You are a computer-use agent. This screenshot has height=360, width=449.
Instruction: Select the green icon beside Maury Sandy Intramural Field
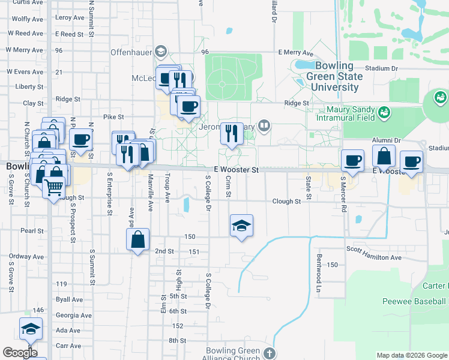(x=384, y=111)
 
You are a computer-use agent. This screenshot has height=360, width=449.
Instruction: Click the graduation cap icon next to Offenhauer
(x=160, y=52)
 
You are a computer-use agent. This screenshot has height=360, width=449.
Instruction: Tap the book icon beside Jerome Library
(x=264, y=125)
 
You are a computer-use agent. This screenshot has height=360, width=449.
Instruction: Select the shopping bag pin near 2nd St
(x=138, y=239)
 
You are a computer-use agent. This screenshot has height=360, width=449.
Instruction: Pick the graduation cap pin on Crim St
(x=241, y=226)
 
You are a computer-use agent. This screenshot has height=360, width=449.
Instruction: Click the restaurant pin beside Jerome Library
(x=232, y=134)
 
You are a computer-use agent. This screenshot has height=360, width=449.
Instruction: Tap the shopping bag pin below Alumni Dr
(x=384, y=157)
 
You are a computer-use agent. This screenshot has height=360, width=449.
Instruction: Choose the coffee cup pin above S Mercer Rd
(x=352, y=160)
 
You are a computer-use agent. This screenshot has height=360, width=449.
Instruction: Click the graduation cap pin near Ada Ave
(x=31, y=328)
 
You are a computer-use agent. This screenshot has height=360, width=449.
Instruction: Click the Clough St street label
(x=286, y=202)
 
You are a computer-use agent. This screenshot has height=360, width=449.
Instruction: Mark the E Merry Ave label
(x=295, y=53)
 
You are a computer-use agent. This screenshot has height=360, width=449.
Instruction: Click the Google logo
(x=20, y=352)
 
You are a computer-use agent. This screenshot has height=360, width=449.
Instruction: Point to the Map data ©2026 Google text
(x=411, y=355)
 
